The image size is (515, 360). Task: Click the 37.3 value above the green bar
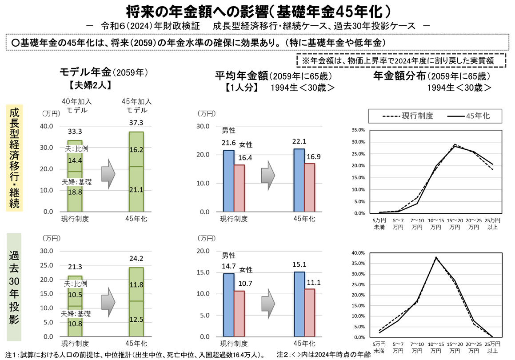pos(136,123)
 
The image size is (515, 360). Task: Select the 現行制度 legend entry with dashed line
pos(407,116)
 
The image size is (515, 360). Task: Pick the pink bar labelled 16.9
pos(309,188)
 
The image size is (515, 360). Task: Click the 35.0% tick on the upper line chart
pos(358,130)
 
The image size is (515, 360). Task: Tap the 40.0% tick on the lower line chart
pos(358,253)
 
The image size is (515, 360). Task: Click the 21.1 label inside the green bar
pos(136,190)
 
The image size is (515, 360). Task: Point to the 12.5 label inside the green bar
pos(136,320)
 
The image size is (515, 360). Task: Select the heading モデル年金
pos(84,72)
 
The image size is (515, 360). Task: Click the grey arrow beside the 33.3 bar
pos(108,174)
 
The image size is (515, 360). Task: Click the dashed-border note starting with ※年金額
pos(401,60)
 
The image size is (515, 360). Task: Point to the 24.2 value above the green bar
pos(136,258)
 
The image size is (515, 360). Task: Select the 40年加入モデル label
pos(76,106)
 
